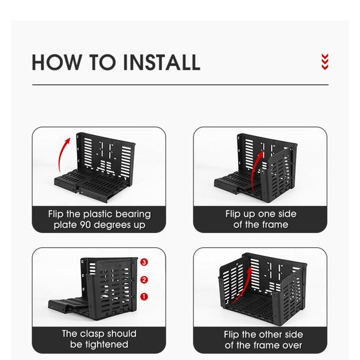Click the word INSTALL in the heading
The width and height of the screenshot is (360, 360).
tap(161, 62)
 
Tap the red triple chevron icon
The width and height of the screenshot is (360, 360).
tap(325, 62)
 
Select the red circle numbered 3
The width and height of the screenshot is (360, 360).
tap(144, 262)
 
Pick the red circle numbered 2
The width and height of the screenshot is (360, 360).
tap(144, 280)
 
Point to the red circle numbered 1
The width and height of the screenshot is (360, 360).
tap(144, 297)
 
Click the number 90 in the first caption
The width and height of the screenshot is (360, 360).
tap(85, 225)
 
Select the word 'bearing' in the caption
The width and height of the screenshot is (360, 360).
tap(133, 214)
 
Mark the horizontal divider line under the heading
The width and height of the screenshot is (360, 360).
tap(180, 85)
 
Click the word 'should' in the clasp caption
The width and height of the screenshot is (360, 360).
tap(122, 334)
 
